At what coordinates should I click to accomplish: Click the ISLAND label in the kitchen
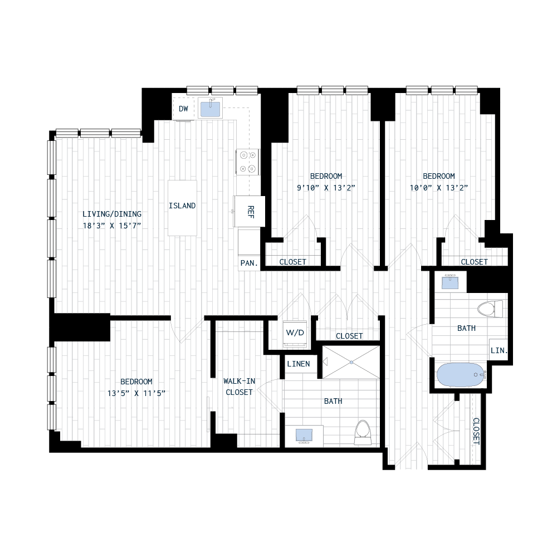pyautogui.click(x=182, y=206)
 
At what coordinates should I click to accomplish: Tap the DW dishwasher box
pyautogui.click(x=183, y=108)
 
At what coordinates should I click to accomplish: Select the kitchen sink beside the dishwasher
pyautogui.click(x=211, y=108)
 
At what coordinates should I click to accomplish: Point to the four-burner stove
pyautogui.click(x=248, y=162)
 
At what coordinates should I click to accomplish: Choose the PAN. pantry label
pyautogui.click(x=248, y=263)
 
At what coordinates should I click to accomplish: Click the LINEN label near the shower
pyautogui.click(x=298, y=364)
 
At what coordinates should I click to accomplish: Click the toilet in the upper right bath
pyautogui.click(x=488, y=309)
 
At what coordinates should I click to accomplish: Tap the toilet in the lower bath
pyautogui.click(x=363, y=431)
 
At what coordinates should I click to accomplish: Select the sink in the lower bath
pyautogui.click(x=304, y=435)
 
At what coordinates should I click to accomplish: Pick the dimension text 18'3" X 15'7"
pyautogui.click(x=112, y=225)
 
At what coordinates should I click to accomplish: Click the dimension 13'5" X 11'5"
pyautogui.click(x=136, y=393)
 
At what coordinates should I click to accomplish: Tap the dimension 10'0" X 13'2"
pyautogui.click(x=438, y=188)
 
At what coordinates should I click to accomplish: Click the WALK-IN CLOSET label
pyautogui.click(x=239, y=387)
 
